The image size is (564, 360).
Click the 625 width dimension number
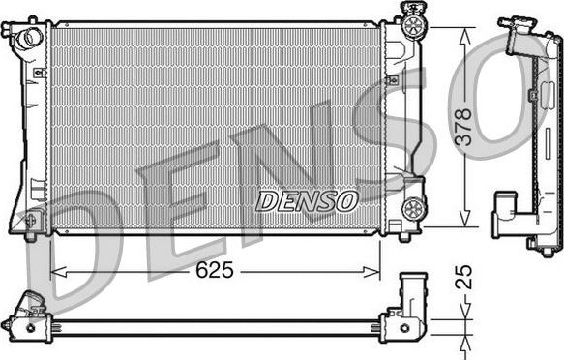[x=214, y=271]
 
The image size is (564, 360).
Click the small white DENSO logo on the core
[x=307, y=201]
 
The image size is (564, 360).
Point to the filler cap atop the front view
[x=413, y=20]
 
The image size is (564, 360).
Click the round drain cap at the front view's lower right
[x=413, y=206]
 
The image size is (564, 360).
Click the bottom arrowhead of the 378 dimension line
[x=465, y=220]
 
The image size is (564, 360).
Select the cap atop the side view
[x=518, y=24]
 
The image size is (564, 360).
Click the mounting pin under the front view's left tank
[x=31, y=235]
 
